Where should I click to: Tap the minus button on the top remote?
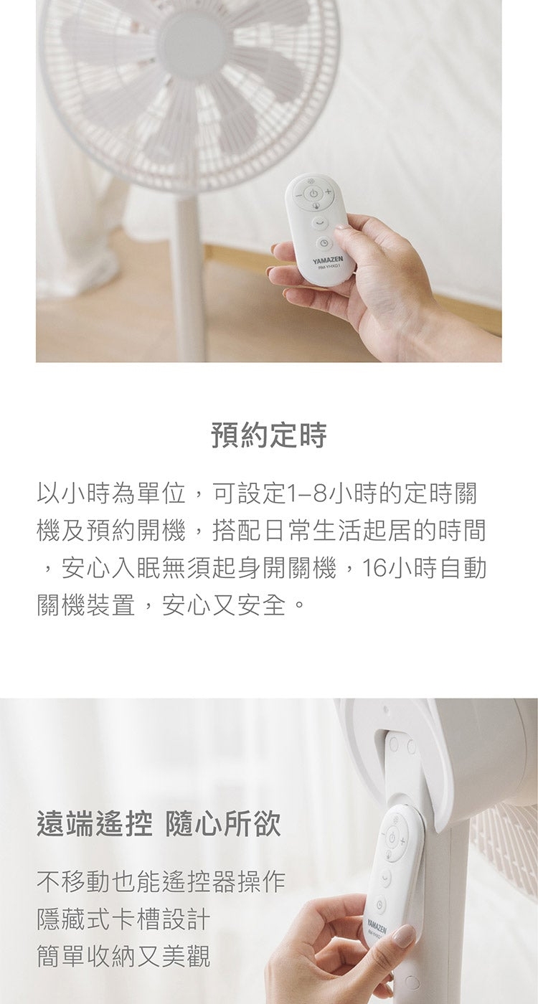pyautogui.click(x=296, y=194)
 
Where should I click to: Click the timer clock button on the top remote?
pyautogui.click(x=324, y=242)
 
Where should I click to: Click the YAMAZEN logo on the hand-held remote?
pyautogui.click(x=328, y=258)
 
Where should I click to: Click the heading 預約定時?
pyautogui.click(x=269, y=435)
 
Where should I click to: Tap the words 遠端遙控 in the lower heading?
pyautogui.click(x=94, y=825)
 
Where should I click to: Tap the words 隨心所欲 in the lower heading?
pyautogui.click(x=223, y=825)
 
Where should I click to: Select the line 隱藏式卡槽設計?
pyautogui.click(x=123, y=919)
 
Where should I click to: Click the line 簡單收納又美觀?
pyautogui.click(x=123, y=956)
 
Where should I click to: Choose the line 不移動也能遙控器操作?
pyautogui.click(x=161, y=881)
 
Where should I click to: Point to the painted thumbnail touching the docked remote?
pyautogui.click(x=403, y=935)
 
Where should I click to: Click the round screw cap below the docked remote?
pyautogui.click(x=411, y=982)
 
